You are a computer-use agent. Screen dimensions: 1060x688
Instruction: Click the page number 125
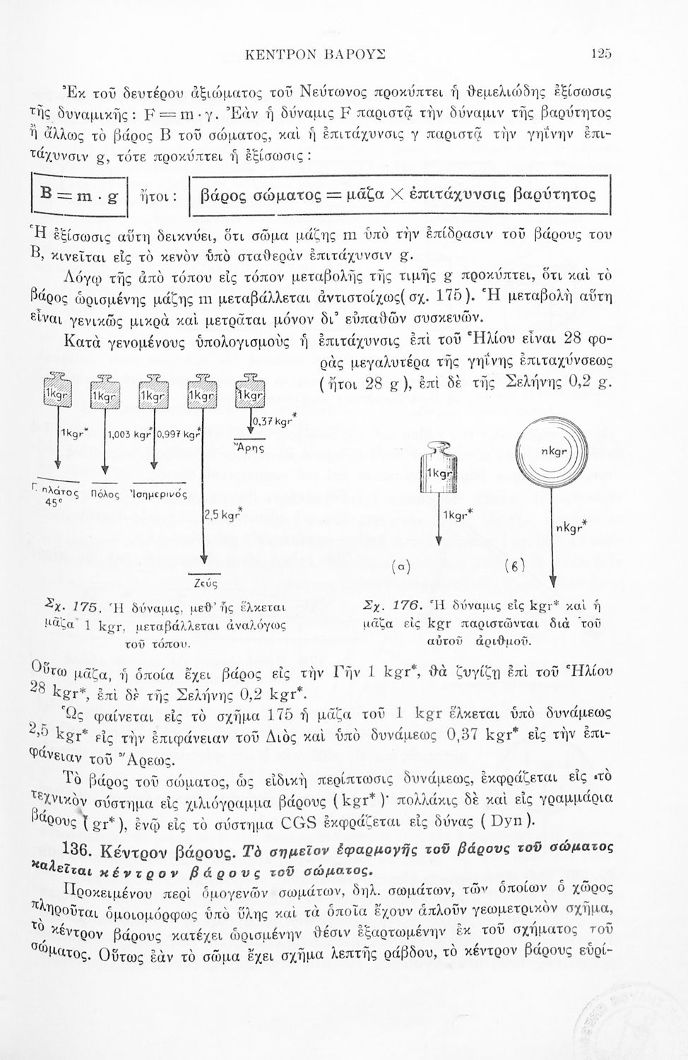pos(603,52)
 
